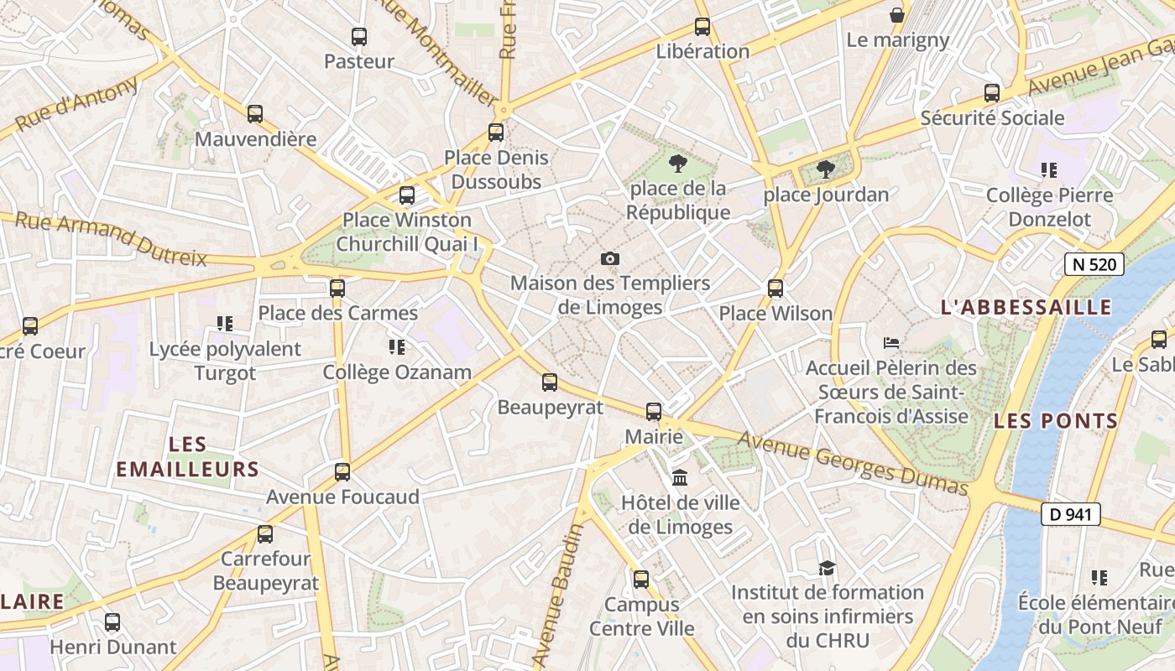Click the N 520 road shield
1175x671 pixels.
click(x=1094, y=264)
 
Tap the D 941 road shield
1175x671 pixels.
click(x=1070, y=514)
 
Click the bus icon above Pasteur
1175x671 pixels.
click(x=359, y=37)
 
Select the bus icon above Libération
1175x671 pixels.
click(x=702, y=27)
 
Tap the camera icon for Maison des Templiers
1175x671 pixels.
click(x=610, y=259)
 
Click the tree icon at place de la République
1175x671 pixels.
click(x=678, y=164)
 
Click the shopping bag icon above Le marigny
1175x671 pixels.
click(x=897, y=15)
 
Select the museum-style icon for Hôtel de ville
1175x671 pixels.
click(x=680, y=478)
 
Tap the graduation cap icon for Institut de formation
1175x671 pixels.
click(x=827, y=569)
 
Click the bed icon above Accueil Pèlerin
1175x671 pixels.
click(x=891, y=343)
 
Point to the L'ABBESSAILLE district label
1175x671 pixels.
click(x=1026, y=308)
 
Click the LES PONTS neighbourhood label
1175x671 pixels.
click(x=1056, y=421)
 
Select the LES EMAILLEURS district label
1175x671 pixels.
click(x=187, y=457)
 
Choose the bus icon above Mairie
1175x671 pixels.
click(x=654, y=412)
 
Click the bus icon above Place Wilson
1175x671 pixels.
click(x=775, y=289)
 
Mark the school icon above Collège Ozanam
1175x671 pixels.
click(x=397, y=346)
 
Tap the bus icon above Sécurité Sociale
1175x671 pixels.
click(x=992, y=93)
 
